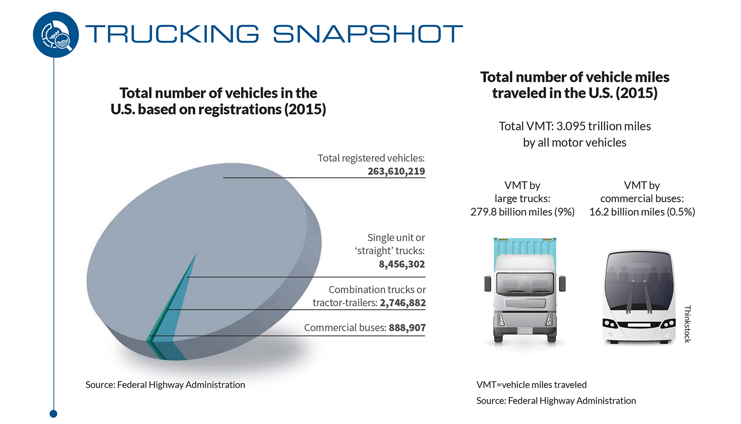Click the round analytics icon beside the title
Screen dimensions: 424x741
(x=56, y=35)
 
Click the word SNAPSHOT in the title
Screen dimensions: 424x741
(x=368, y=34)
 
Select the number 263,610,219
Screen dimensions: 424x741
(x=396, y=171)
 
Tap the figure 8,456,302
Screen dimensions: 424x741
(x=402, y=264)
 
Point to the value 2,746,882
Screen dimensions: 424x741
(x=403, y=303)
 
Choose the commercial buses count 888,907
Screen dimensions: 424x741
(x=407, y=328)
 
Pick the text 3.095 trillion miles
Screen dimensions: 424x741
(x=603, y=126)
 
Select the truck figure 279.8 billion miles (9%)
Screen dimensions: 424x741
(x=522, y=212)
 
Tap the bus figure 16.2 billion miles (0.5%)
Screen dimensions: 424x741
(x=642, y=212)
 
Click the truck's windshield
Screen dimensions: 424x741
(x=524, y=283)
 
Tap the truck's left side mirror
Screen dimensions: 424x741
(x=487, y=283)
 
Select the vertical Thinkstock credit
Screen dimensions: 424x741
(x=687, y=324)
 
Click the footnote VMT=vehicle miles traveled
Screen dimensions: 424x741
(x=531, y=384)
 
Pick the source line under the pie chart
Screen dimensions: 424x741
(x=165, y=384)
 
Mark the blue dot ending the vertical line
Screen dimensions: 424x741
(x=53, y=413)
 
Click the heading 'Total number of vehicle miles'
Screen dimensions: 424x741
(x=575, y=77)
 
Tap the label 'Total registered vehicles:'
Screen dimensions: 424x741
(x=371, y=158)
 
